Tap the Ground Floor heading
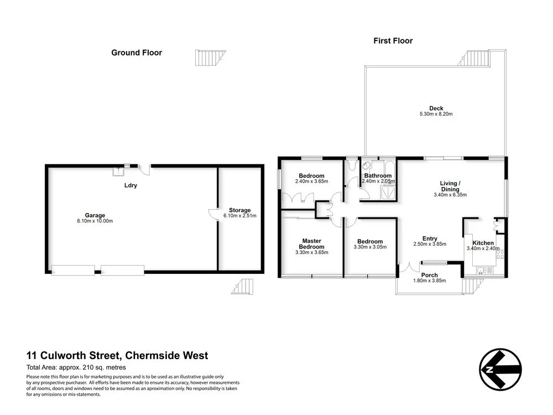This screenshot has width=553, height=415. coord(137,53)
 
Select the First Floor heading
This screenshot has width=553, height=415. coord(393,40)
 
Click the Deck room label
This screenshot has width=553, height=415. coord(436,108)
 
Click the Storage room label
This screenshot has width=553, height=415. coord(240,210)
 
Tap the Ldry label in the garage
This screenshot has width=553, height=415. coord(131,185)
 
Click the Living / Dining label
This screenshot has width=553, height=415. coord(450,186)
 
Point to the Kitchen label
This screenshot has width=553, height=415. coord(483,243)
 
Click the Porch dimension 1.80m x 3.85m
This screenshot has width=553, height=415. coord(430,281)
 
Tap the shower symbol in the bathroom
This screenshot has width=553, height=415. coord(389,191)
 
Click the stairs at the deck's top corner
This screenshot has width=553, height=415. coord(477,58)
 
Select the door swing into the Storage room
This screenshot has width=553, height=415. coord(213,215)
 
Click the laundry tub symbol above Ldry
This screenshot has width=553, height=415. coord(117,172)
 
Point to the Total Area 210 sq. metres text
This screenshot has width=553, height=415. coord(76,367)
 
